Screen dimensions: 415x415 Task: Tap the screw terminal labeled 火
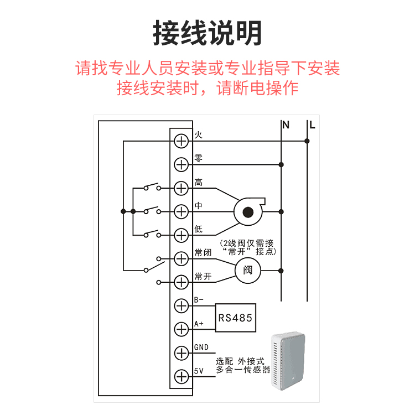(181, 141)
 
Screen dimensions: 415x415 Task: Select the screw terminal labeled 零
(181, 164)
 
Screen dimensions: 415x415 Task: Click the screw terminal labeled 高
(181, 188)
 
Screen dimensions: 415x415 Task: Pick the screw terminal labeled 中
(181, 211)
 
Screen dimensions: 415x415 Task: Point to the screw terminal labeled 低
(181, 235)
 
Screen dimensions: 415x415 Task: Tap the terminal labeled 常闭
(181, 258)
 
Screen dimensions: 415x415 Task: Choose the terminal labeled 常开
(181, 282)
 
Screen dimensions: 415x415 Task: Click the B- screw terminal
(181, 305)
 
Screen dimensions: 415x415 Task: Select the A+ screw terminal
(181, 329)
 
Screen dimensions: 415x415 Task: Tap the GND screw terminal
(181, 352)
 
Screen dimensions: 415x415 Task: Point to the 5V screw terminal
(181, 376)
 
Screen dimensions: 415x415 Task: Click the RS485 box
(236, 318)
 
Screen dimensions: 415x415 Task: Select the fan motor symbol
(247, 211)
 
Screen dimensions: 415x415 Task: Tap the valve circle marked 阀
(247, 271)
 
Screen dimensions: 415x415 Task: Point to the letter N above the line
(286, 125)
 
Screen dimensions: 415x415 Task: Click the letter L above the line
(312, 125)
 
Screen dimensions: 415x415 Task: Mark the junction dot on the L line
(308, 141)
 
